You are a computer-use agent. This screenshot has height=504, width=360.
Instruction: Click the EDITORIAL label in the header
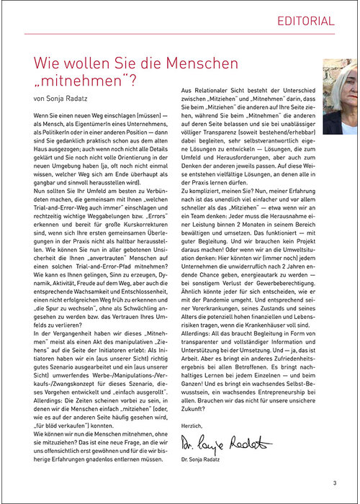point(306,21)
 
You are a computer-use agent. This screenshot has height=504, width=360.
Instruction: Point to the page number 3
point(335,483)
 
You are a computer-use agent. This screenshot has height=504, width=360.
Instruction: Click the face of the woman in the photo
point(338,100)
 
